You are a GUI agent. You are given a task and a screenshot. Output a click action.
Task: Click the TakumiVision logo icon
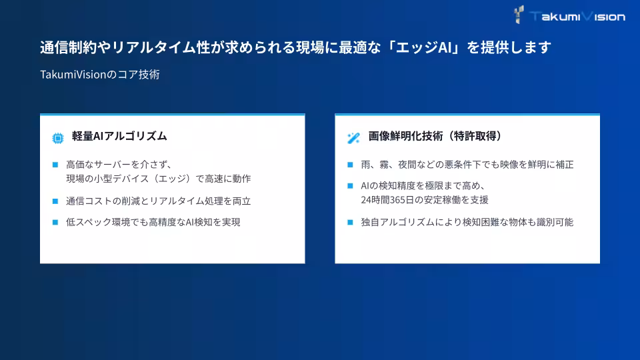coord(519,15)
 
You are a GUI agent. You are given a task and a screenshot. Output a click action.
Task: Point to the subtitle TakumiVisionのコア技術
coord(100,75)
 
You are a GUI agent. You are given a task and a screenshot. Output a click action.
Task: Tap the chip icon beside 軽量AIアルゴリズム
coord(58,138)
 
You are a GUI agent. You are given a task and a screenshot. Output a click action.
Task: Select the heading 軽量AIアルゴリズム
coord(119,136)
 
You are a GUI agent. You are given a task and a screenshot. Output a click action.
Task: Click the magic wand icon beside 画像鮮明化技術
coord(353,138)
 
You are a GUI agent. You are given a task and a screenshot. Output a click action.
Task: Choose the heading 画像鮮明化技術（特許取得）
coord(435,136)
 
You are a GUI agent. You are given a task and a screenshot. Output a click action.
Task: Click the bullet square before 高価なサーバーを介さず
coord(55,164)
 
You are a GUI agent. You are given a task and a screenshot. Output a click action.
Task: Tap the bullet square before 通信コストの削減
coord(55,201)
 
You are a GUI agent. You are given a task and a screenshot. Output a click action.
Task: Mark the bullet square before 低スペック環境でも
coord(55,222)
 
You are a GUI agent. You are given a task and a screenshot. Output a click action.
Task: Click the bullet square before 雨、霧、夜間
coord(350,164)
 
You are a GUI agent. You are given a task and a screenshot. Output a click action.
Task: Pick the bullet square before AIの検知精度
coord(350,185)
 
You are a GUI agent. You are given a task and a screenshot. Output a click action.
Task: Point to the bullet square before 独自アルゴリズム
coord(350,222)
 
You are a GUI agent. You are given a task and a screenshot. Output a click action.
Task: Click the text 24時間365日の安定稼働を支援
coord(420,199)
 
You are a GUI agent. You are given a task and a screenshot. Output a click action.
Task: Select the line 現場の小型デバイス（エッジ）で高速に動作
coord(159,179)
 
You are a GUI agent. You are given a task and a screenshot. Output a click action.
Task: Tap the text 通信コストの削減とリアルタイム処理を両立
coord(159,201)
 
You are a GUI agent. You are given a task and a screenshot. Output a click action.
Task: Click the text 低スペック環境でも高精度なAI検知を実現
coord(153,222)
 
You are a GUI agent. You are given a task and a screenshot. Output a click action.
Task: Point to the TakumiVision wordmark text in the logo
coord(577,16)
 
